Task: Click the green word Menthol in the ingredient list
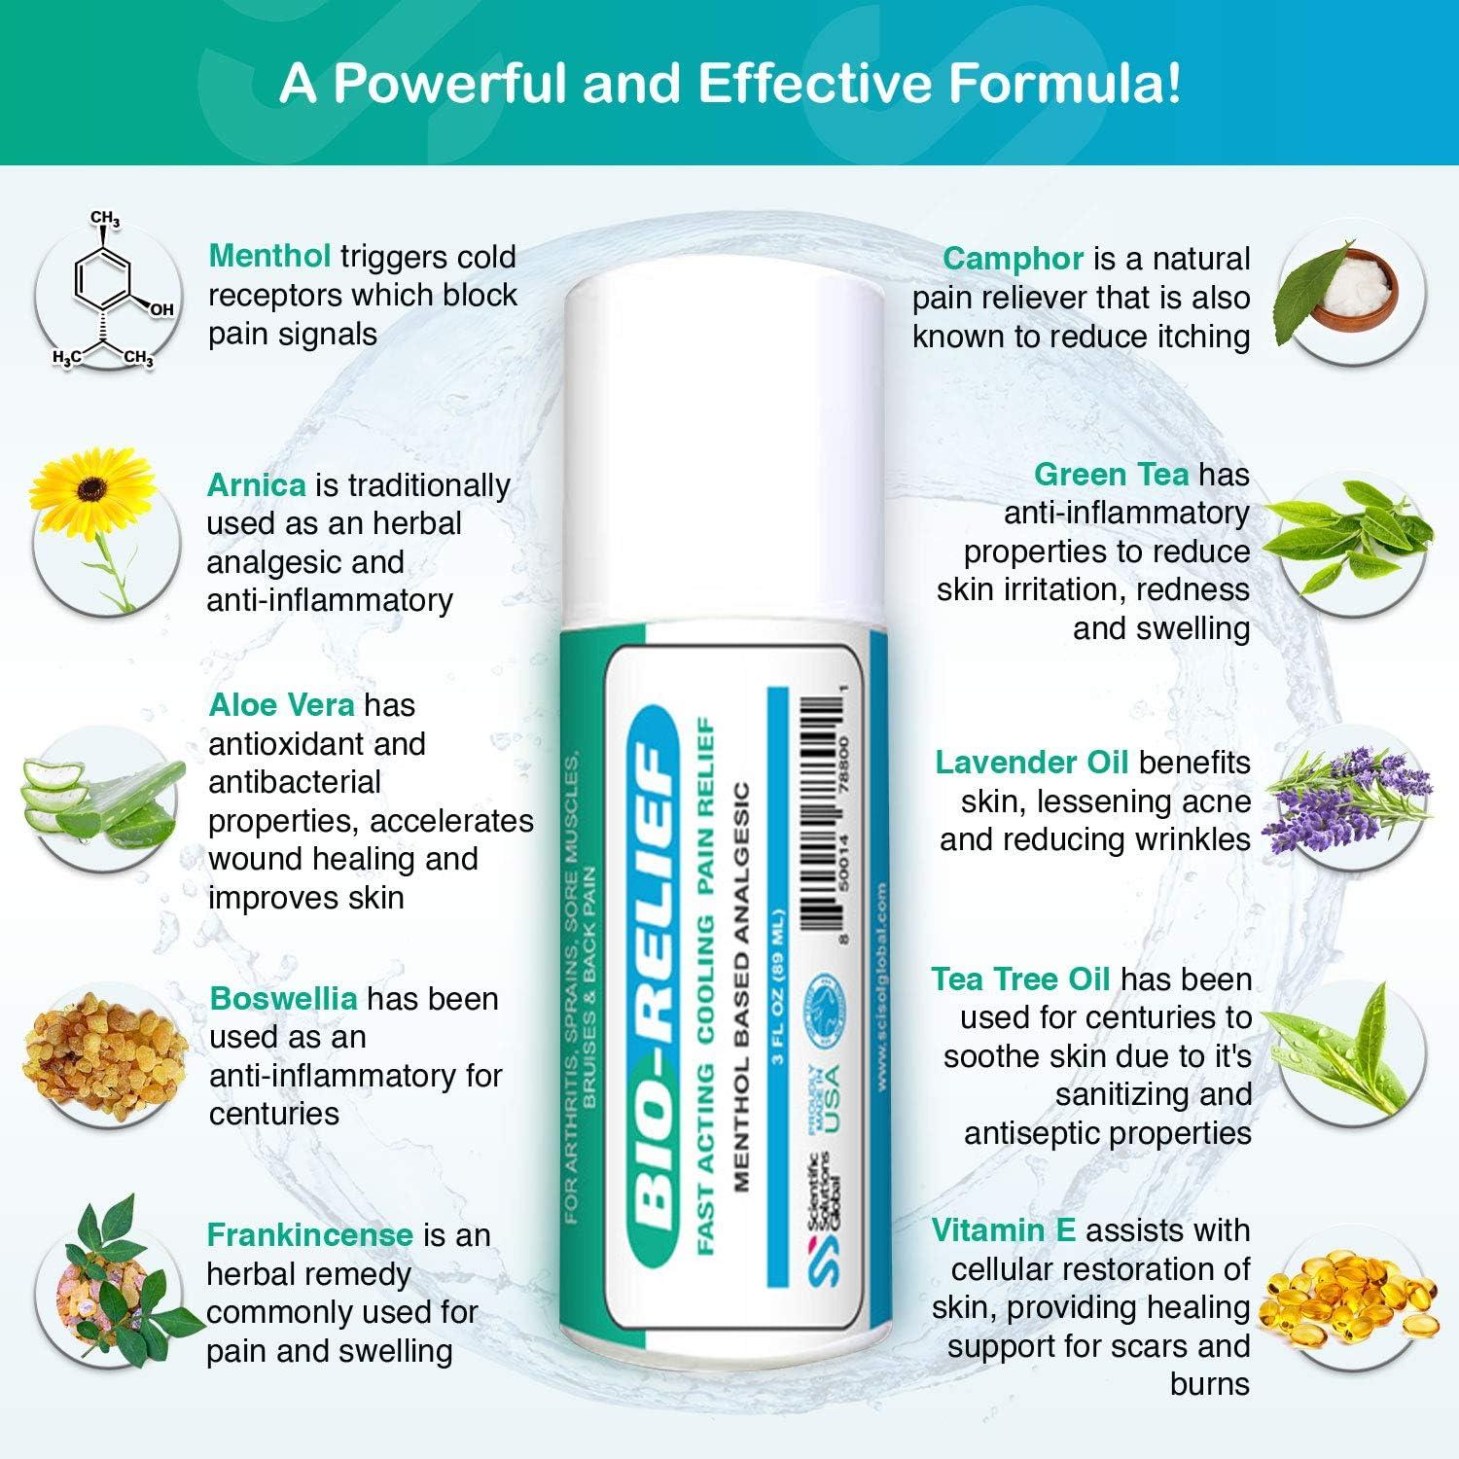point(269,257)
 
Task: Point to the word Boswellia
point(283,999)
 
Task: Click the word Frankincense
point(309,1235)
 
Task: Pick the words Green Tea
point(1111,475)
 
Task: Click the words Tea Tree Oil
point(1020,979)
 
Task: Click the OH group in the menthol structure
point(160,309)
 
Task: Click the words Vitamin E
point(1003,1230)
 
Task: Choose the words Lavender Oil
point(1031,763)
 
